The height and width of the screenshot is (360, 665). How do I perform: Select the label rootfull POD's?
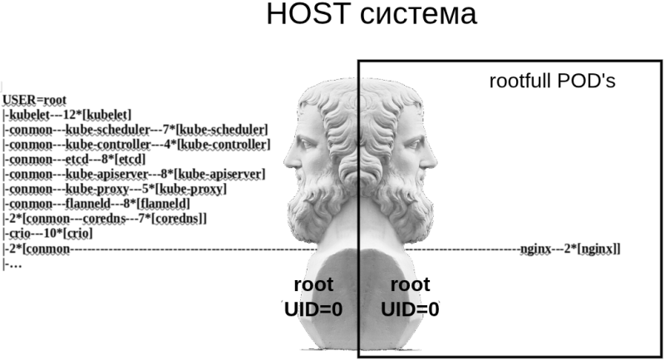551,82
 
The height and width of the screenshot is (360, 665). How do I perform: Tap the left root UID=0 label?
313,297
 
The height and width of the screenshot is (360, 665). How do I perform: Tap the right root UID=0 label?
410,297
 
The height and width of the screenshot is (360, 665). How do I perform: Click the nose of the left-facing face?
285,155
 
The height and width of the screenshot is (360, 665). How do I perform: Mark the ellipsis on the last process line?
13,264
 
